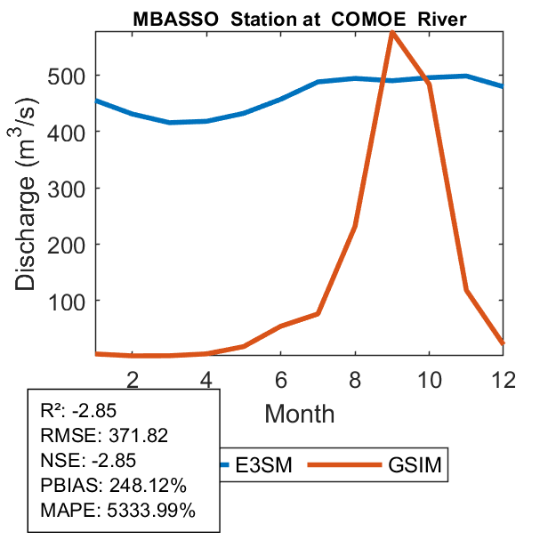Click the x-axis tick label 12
click(503, 378)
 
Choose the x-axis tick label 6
click(280, 378)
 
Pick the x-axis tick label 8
click(355, 378)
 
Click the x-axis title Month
click(300, 414)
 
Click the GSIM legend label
click(415, 465)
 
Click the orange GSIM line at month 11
click(466, 290)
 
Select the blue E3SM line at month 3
click(169, 122)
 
